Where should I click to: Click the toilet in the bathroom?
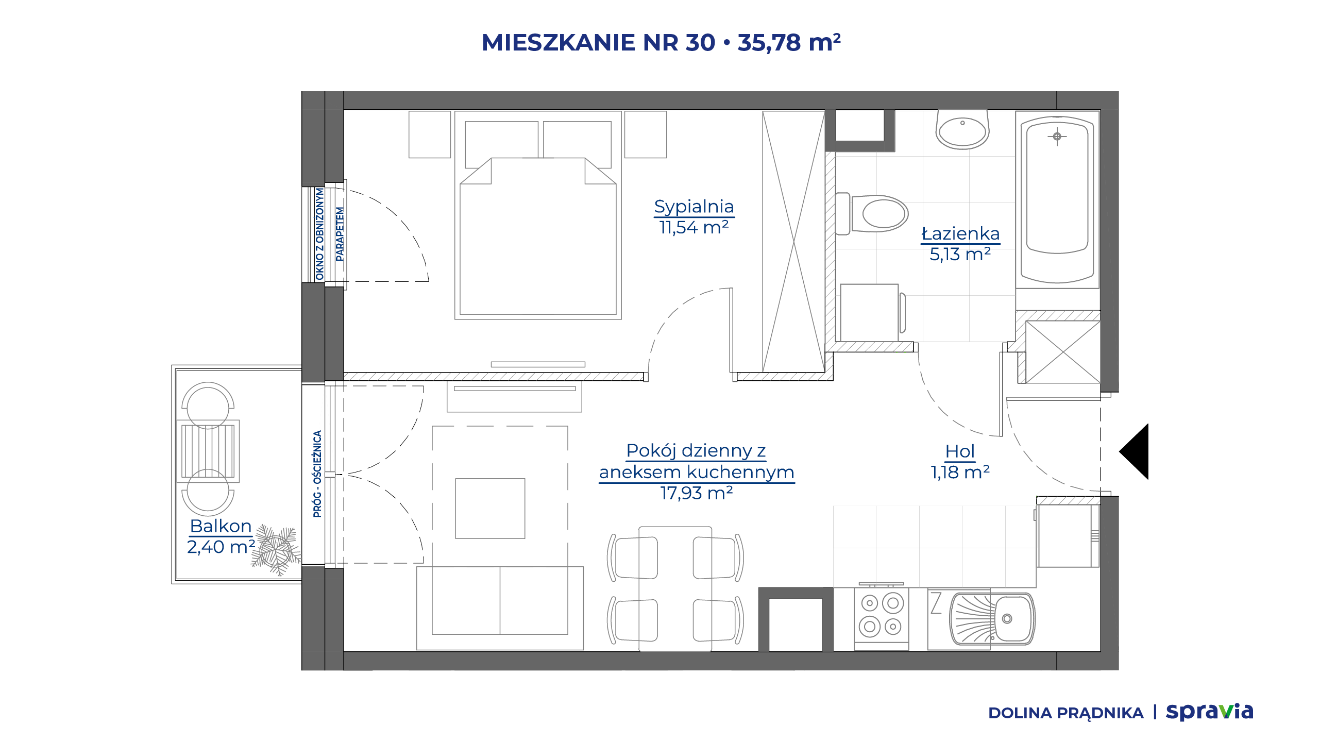pyautogui.click(x=872, y=213)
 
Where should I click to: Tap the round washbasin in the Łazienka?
pyautogui.click(x=962, y=130)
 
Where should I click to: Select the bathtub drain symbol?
pyautogui.click(x=1057, y=137)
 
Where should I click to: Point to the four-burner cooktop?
pyautogui.click(x=881, y=615)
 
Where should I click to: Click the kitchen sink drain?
pyautogui.click(x=1007, y=619)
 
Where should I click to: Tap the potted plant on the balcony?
pyautogui.click(x=276, y=550)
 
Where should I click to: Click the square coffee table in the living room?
pyautogui.click(x=490, y=509)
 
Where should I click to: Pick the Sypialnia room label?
pyautogui.click(x=694, y=206)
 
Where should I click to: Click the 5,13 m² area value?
pyautogui.click(x=960, y=254)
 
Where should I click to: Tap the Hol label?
pyautogui.click(x=959, y=451)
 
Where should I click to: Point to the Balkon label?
pyautogui.click(x=221, y=526)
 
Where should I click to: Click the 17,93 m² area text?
pyautogui.click(x=697, y=493)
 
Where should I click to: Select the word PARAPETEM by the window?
pyautogui.click(x=340, y=234)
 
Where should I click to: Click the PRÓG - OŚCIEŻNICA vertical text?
pyautogui.click(x=317, y=474)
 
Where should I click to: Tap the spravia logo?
pyautogui.click(x=1209, y=712)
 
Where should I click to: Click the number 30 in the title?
pyautogui.click(x=700, y=42)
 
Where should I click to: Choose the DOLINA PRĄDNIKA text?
pyautogui.click(x=1066, y=713)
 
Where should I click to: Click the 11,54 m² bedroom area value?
pyautogui.click(x=694, y=227)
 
